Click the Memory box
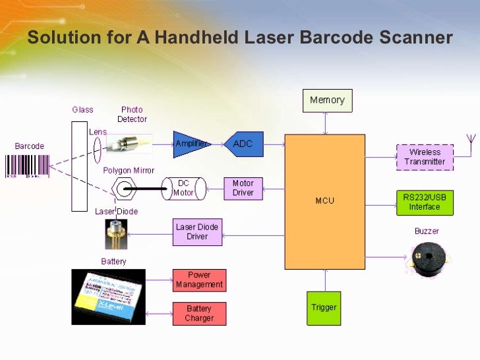[x=327, y=100]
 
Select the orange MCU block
[x=324, y=201]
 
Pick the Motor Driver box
[x=243, y=188]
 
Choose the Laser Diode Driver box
[x=196, y=231]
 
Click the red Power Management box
[x=199, y=280]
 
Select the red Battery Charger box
[x=199, y=313]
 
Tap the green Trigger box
[x=324, y=307]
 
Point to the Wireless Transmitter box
[x=425, y=157]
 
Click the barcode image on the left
[x=28, y=166]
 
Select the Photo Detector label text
[x=132, y=114]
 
